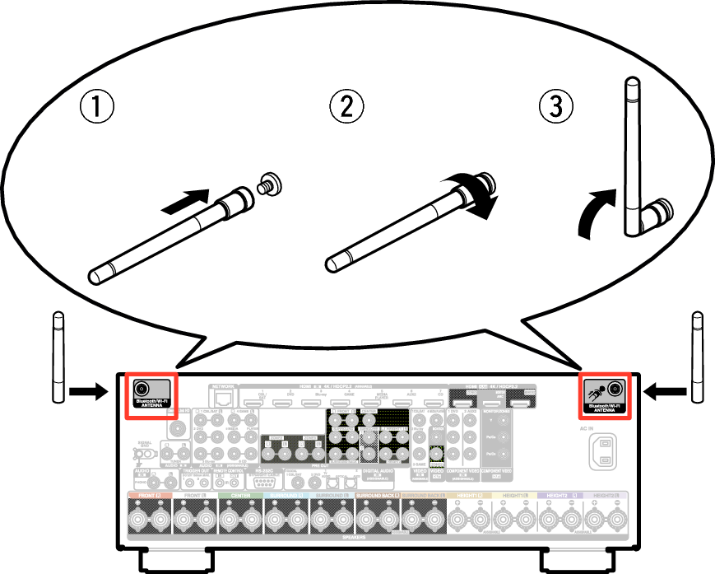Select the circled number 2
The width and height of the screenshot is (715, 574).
[346, 106]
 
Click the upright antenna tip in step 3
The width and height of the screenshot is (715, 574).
[631, 86]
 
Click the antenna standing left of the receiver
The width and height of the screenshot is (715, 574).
[58, 357]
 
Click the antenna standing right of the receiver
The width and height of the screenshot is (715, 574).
[698, 357]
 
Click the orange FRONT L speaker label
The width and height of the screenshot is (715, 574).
[148, 497]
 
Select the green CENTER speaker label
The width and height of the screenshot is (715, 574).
[241, 497]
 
